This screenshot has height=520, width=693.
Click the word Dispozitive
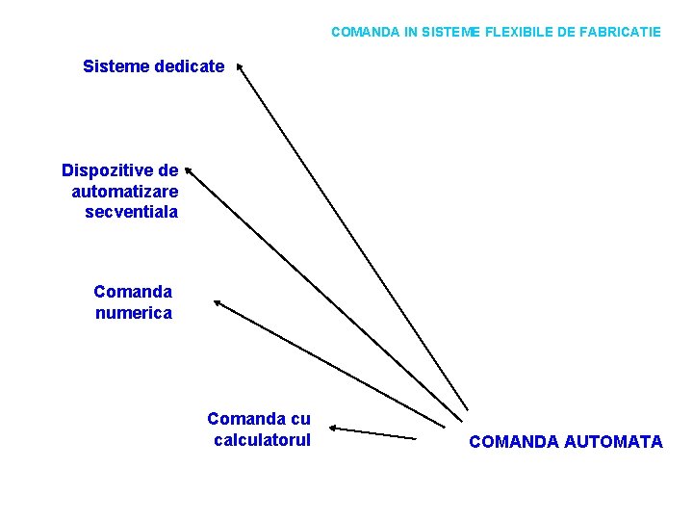(x=107, y=170)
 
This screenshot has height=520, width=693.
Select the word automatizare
(x=125, y=191)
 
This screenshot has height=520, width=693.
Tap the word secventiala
(x=132, y=211)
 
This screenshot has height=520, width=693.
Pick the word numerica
(x=134, y=312)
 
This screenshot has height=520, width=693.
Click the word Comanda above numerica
(x=133, y=291)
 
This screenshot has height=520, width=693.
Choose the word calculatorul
(x=263, y=440)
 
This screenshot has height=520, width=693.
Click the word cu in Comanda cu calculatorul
(x=300, y=419)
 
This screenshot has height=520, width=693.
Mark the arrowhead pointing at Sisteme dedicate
(x=240, y=67)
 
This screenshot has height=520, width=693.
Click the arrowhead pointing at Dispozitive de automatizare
(x=189, y=169)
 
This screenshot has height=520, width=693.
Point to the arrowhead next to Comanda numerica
(x=218, y=303)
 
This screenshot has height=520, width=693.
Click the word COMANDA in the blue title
(x=365, y=32)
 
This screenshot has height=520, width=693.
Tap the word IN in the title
(x=411, y=32)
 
